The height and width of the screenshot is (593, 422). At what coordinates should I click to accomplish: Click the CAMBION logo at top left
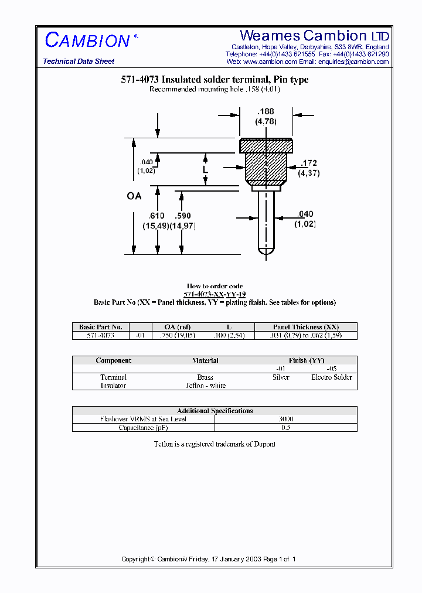(x=87, y=40)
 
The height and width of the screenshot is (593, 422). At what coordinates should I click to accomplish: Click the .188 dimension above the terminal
(x=266, y=111)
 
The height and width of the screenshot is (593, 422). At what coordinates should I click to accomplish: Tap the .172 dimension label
(x=309, y=163)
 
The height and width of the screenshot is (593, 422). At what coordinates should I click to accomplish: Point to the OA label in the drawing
(x=134, y=196)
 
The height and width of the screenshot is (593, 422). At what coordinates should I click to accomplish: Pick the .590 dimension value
(x=183, y=216)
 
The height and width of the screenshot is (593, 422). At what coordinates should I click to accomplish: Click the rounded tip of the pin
(x=267, y=251)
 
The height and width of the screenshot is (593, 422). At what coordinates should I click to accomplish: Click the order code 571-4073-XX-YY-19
(x=215, y=294)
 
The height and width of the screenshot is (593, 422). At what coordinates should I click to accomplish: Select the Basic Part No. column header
(x=100, y=327)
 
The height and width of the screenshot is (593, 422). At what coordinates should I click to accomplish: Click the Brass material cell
(x=205, y=377)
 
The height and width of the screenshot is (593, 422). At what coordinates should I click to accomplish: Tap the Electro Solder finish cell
(x=332, y=377)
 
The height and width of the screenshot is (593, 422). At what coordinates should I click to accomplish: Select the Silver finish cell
(x=281, y=377)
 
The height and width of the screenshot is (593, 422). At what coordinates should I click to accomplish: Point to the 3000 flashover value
(x=286, y=419)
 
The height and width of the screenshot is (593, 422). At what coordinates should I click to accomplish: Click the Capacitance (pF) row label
(x=143, y=427)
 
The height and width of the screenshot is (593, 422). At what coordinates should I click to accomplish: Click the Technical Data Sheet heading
(x=79, y=62)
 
